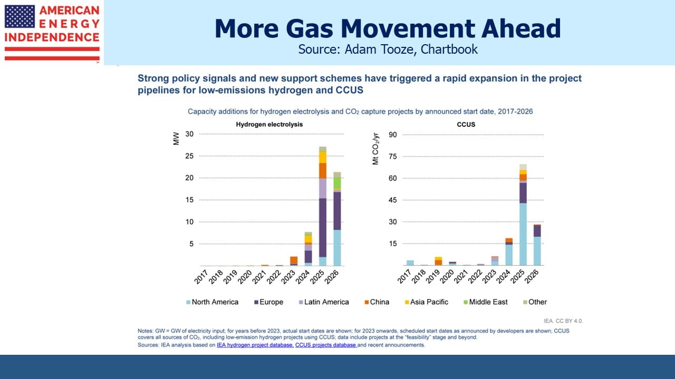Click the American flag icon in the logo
20,16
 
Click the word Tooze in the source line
398,49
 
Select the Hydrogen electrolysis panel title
269,125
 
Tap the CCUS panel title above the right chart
466,125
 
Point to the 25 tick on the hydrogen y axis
189,156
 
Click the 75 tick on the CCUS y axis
393,156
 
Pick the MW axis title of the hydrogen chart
176,138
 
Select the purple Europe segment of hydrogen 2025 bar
323,228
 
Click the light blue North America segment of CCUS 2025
523,234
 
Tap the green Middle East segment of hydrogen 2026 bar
337,183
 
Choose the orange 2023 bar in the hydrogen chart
294,260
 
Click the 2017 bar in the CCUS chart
410,263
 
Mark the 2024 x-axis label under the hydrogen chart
303,277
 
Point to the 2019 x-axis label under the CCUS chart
433,277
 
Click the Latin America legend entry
324,302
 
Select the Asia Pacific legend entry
427,302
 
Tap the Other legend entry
535,302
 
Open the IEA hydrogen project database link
255,345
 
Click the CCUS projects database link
326,345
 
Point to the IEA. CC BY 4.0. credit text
563,321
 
